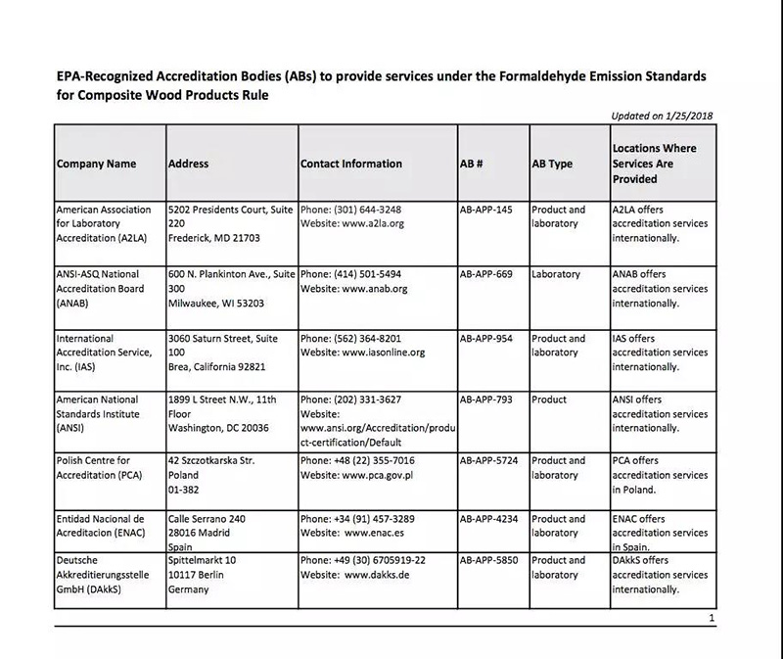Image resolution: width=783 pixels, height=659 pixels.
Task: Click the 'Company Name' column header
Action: point(96,164)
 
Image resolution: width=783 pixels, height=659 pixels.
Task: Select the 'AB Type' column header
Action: point(551,164)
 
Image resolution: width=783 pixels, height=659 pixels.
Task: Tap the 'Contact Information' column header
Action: point(350,164)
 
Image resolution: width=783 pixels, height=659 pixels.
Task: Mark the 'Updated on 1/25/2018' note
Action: point(662,116)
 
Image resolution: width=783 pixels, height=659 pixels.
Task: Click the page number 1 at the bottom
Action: point(712,619)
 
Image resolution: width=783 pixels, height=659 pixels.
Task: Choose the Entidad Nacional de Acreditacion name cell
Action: point(101,526)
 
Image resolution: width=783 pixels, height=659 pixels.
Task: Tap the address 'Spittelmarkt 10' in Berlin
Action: point(203,560)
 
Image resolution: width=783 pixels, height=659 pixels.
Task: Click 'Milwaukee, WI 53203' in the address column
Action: point(218,304)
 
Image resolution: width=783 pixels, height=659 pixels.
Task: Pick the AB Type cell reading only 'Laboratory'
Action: point(555,274)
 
